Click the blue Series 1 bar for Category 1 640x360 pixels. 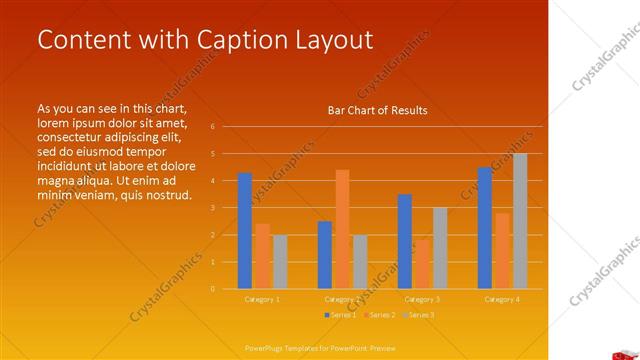click(x=245, y=231)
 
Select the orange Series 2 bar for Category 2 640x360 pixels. click(x=342, y=229)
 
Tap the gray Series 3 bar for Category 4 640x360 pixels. click(x=520, y=221)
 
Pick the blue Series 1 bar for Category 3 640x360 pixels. click(x=405, y=241)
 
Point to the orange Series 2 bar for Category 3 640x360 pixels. click(x=422, y=264)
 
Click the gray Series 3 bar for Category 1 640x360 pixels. click(x=280, y=262)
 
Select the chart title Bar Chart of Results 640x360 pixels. click(x=377, y=110)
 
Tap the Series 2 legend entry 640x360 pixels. click(x=380, y=315)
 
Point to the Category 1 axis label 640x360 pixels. click(x=262, y=299)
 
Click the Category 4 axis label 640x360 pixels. click(x=502, y=299)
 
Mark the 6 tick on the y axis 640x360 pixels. click(x=213, y=127)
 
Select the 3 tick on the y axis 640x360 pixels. click(x=213, y=208)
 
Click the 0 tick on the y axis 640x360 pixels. click(x=213, y=289)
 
